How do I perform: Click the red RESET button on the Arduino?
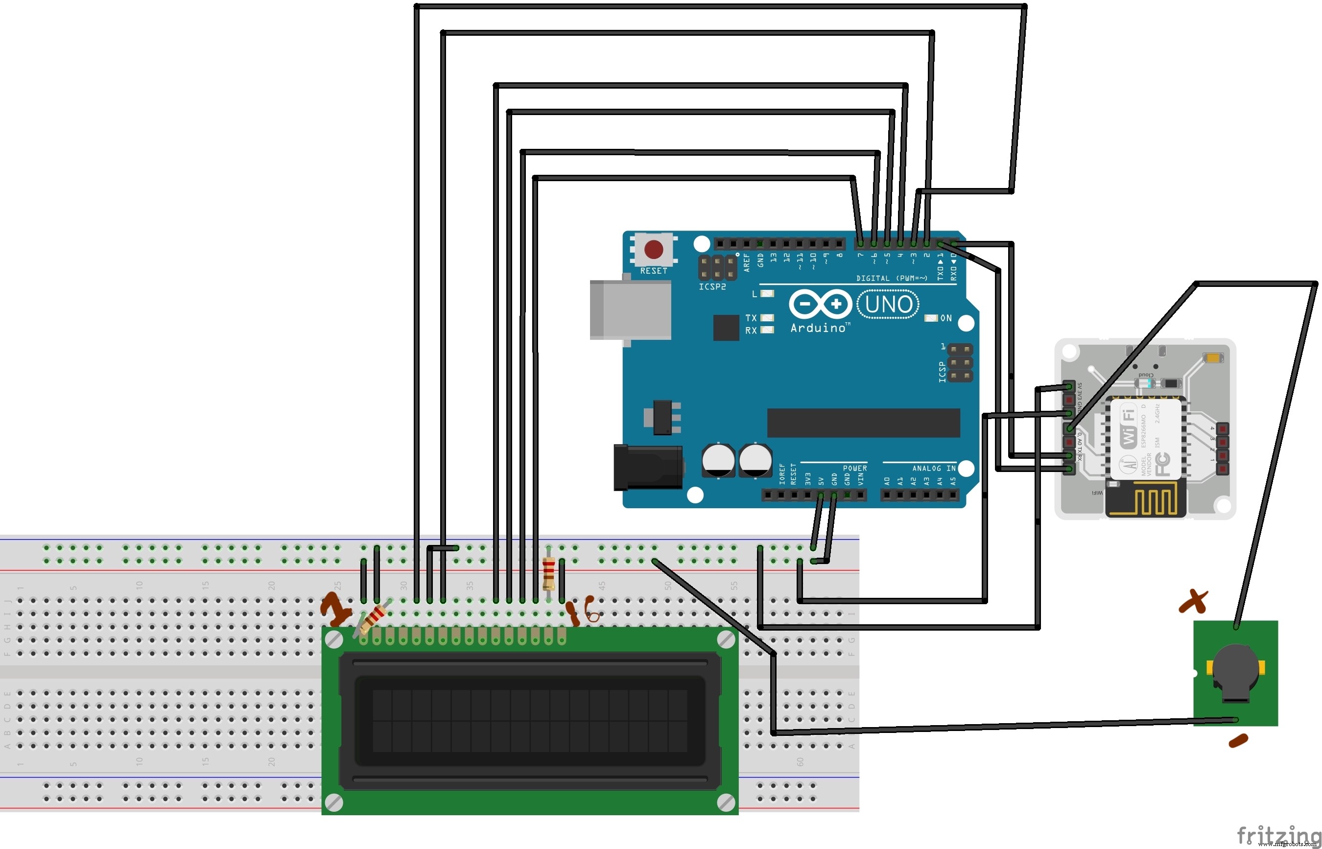click(x=653, y=249)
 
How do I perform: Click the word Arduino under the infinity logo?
click(x=818, y=328)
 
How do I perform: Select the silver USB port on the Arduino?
click(x=631, y=309)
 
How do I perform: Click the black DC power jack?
click(x=648, y=468)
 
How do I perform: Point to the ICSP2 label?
click(x=712, y=287)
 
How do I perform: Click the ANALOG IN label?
click(x=934, y=468)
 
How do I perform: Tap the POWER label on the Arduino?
click(x=854, y=468)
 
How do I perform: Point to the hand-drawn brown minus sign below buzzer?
click(x=1238, y=741)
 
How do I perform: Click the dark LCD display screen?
click(x=529, y=721)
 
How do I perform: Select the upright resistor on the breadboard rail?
click(x=548, y=573)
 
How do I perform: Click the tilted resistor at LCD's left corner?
click(x=373, y=618)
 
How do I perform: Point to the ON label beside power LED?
click(x=946, y=318)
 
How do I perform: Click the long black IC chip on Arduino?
click(x=863, y=423)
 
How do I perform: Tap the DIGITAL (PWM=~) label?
click(x=892, y=279)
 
